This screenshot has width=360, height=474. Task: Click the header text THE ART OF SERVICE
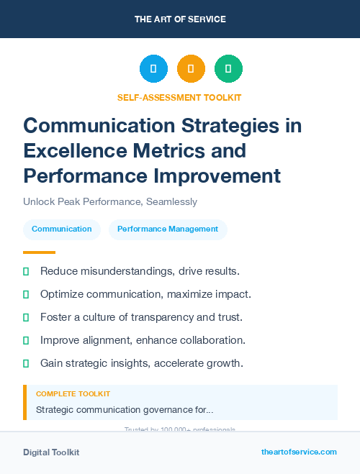pyautogui.click(x=179, y=19)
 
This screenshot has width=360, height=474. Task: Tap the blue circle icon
pyautogui.click(x=153, y=68)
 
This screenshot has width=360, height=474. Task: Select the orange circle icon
pyautogui.click(x=191, y=68)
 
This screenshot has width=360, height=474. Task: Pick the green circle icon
pyautogui.click(x=228, y=68)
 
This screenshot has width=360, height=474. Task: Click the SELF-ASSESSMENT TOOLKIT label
pyautogui.click(x=179, y=97)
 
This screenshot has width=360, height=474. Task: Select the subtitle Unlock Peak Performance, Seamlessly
pyautogui.click(x=110, y=202)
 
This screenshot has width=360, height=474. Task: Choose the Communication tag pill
pyautogui.click(x=62, y=229)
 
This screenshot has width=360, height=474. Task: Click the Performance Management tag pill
pyautogui.click(x=168, y=229)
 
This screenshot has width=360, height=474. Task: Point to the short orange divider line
pyautogui.click(x=39, y=252)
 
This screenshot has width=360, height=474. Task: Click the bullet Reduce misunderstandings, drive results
pyautogui.click(x=140, y=271)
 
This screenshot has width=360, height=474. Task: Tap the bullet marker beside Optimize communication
pyautogui.click(x=26, y=294)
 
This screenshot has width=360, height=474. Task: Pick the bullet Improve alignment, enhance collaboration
pyautogui.click(x=143, y=339)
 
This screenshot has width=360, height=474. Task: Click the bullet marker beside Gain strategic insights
pyautogui.click(x=26, y=363)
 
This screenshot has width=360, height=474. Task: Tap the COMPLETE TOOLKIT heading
pyautogui.click(x=73, y=394)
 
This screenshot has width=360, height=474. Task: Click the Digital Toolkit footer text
pyautogui.click(x=51, y=452)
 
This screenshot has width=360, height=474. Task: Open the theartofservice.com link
pyautogui.click(x=299, y=452)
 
